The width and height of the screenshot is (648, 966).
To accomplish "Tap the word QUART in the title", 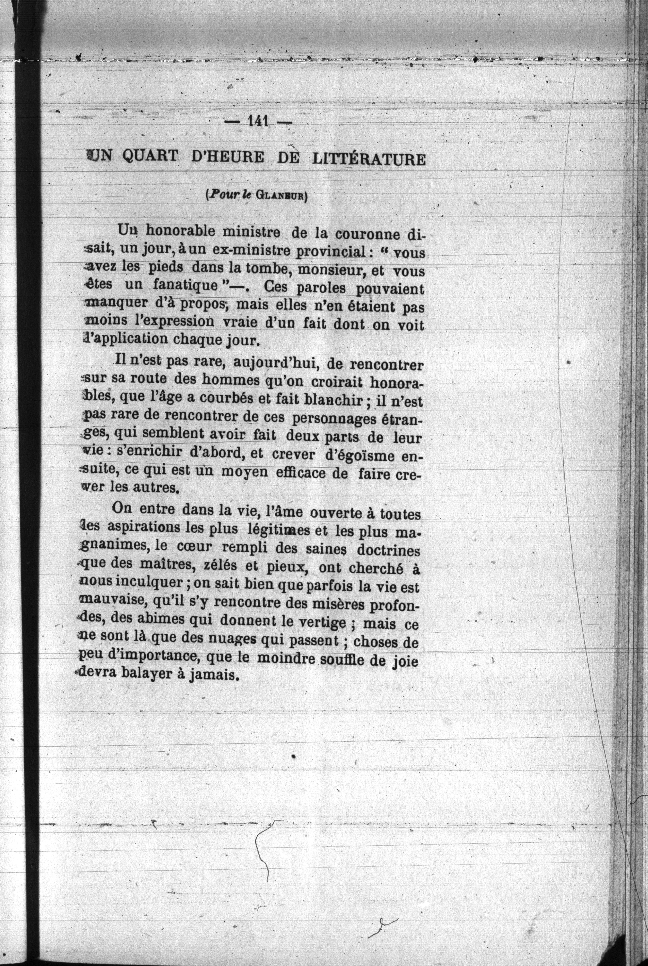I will [151, 157].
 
